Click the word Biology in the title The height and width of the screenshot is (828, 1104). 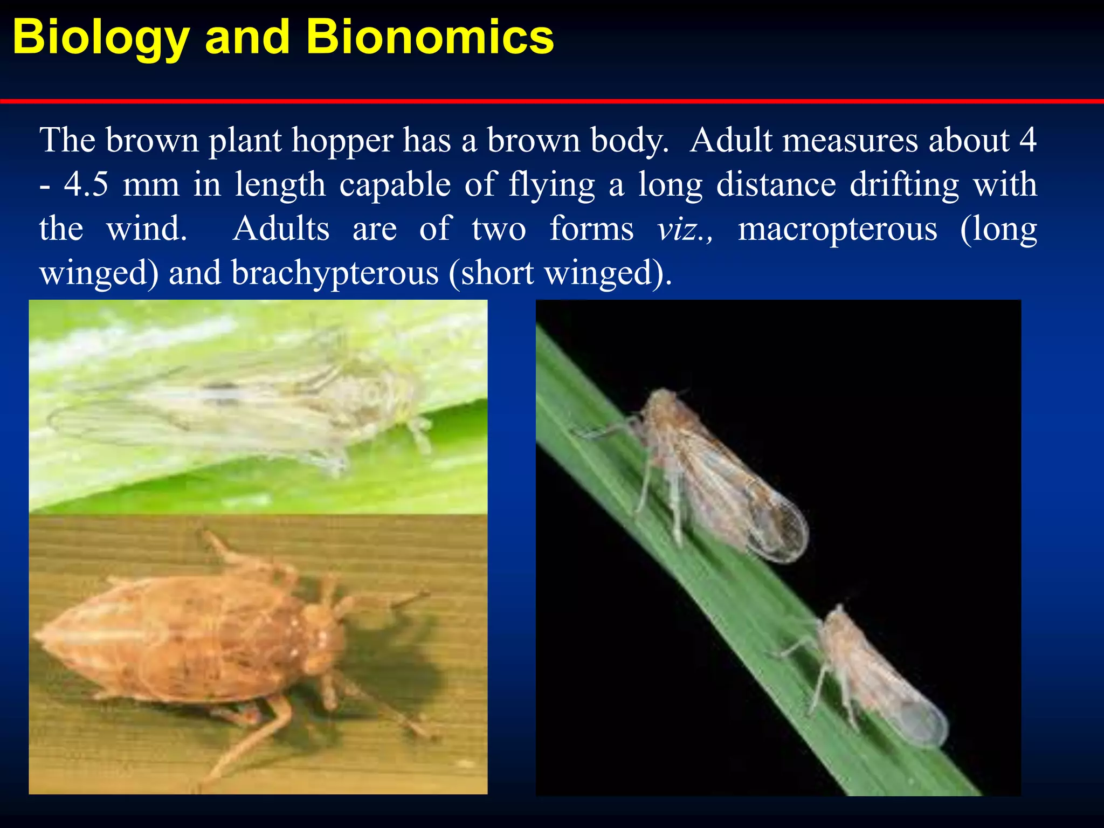coord(101,38)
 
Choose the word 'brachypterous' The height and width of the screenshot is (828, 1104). coord(335,274)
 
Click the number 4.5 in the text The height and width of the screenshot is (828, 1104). coord(86,185)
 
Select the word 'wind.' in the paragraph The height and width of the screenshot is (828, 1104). coord(147,229)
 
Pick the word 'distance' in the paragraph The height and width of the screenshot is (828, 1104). coord(776,185)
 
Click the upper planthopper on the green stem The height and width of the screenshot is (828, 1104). coord(717,474)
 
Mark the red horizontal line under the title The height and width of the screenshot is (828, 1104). coord(552,101)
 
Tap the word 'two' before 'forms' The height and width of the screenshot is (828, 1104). coord(499,229)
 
